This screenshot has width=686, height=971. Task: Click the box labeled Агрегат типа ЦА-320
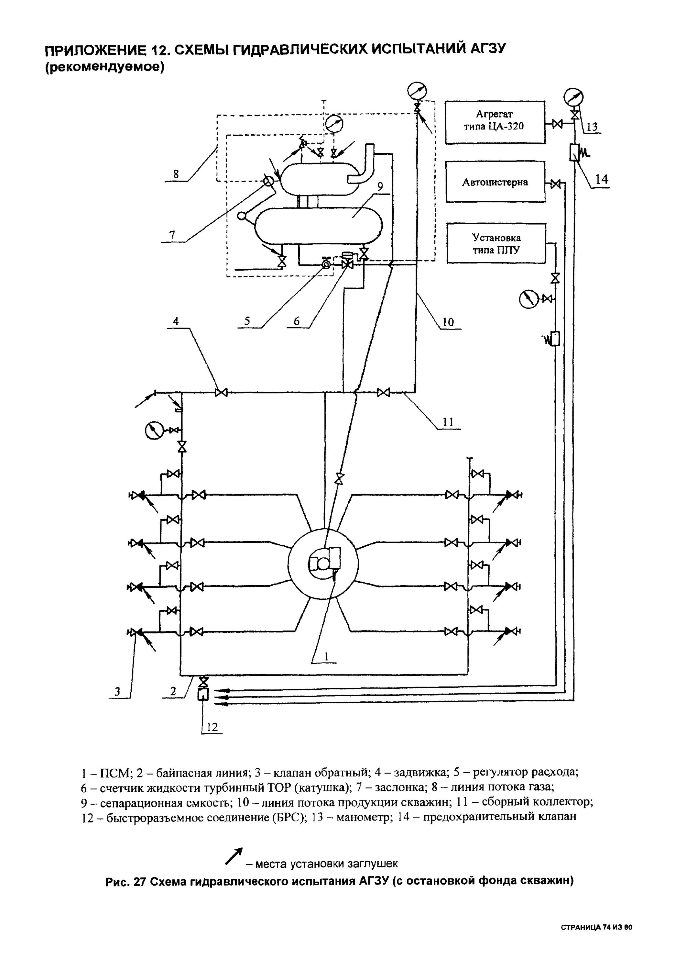495,122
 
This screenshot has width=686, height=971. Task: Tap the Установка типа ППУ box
496,244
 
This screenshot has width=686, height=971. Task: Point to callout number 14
602,179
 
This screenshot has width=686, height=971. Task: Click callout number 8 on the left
176,174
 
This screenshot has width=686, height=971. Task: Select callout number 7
172,235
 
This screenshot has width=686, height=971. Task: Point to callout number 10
448,322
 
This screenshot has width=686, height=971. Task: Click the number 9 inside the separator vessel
380,186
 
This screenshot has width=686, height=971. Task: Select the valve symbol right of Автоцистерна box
556,184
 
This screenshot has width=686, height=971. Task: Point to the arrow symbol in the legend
234,856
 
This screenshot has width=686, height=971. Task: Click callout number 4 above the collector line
176,321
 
